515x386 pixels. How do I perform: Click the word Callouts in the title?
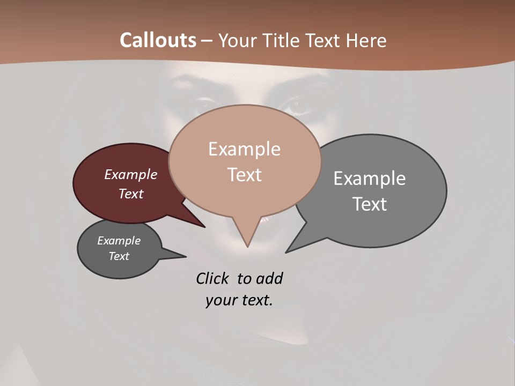click(158, 40)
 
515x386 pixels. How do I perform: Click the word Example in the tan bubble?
click(244, 149)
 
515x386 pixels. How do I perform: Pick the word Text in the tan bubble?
click(244, 174)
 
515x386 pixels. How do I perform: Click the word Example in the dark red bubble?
click(131, 175)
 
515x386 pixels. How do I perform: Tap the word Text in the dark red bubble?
click(131, 194)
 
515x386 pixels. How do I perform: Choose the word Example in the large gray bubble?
click(370, 179)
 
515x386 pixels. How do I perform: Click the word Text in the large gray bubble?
click(370, 204)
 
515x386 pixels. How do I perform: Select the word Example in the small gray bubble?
click(119, 241)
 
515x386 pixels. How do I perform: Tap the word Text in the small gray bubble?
click(119, 256)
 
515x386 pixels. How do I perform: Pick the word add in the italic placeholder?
click(269, 278)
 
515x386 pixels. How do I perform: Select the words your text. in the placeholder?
click(239, 300)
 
